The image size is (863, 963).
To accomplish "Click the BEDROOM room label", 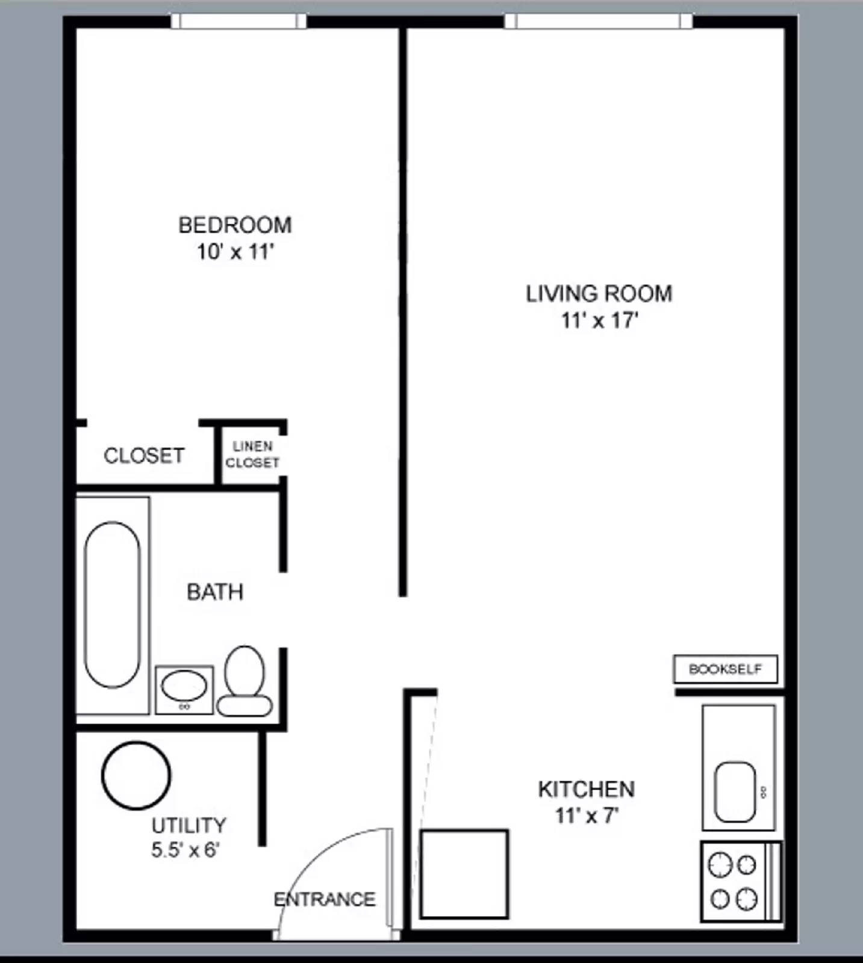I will [235, 225].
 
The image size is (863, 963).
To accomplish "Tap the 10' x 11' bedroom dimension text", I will [235, 252].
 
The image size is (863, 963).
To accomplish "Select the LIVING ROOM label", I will [599, 294].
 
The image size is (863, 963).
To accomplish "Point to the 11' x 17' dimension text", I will [599, 320].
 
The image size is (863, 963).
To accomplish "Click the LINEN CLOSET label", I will [252, 454].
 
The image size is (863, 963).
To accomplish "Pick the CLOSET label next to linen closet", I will [144, 456].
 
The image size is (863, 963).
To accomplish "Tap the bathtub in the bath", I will [112, 604].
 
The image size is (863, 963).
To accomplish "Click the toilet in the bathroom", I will [245, 681].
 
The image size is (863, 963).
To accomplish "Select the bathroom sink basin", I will [184, 687].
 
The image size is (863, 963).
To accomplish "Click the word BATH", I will [215, 592].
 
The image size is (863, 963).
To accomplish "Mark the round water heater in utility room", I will [136, 775].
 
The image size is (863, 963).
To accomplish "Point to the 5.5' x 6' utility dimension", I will [185, 850].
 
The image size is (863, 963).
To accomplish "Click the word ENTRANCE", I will [325, 899].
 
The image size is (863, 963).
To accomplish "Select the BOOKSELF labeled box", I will [725, 669].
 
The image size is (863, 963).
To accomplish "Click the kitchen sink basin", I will [735, 791].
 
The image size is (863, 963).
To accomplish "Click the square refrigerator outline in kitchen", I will [464, 874].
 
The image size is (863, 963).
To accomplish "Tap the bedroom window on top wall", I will [238, 21].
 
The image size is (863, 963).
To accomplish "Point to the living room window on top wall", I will [598, 21].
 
